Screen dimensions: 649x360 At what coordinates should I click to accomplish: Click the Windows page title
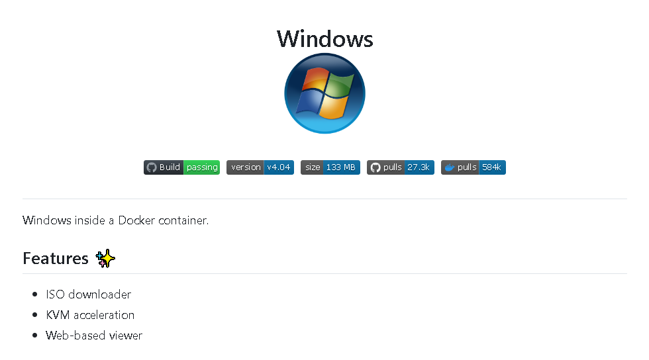click(x=325, y=39)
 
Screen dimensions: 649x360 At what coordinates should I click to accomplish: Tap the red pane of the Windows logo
click(x=315, y=79)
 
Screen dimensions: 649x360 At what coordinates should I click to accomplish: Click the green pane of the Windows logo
click(x=340, y=85)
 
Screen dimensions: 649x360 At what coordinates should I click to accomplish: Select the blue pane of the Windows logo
click(x=309, y=101)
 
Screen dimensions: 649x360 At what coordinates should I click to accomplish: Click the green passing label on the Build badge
click(x=202, y=167)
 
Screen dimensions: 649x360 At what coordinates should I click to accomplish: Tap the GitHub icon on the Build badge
click(x=152, y=167)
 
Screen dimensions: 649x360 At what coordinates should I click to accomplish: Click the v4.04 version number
click(x=279, y=167)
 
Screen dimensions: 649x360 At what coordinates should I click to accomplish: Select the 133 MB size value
click(x=340, y=167)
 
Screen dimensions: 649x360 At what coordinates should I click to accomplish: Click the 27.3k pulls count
click(x=419, y=167)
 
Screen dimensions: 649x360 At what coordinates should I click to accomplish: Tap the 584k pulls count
click(x=491, y=167)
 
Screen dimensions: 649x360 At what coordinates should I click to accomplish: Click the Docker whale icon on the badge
click(x=450, y=167)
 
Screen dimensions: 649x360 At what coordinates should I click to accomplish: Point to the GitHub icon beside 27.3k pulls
click(x=375, y=167)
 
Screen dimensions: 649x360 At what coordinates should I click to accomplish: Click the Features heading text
click(x=56, y=258)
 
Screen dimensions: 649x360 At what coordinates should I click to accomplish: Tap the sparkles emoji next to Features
click(x=105, y=258)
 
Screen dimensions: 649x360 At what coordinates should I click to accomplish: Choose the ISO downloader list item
click(x=89, y=294)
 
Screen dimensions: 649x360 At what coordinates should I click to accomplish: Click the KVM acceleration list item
click(x=90, y=315)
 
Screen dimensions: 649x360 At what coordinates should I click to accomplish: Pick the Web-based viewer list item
click(x=94, y=335)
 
